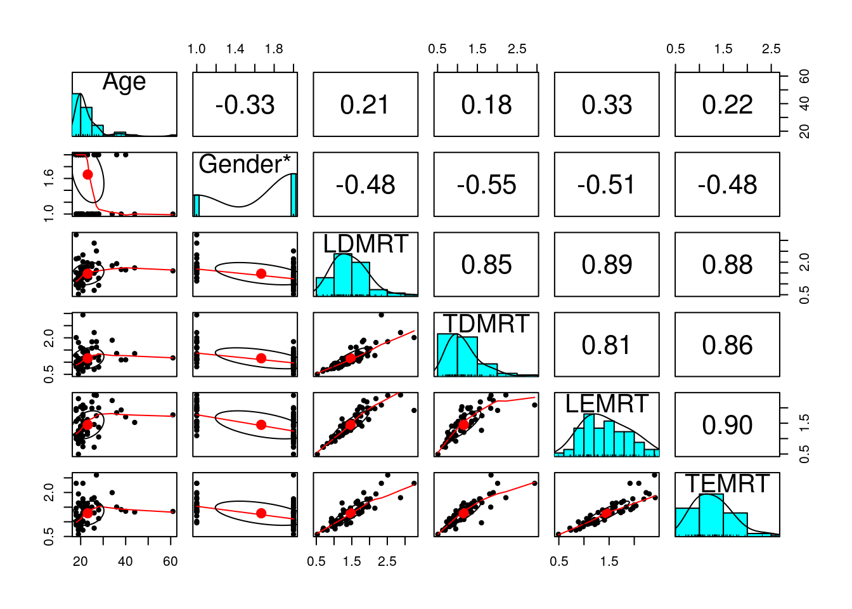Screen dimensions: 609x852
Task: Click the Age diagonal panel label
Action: coord(124,82)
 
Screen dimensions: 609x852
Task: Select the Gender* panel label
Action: coord(245,164)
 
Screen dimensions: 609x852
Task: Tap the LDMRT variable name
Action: coord(365,244)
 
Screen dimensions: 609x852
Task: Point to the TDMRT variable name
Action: coord(486,324)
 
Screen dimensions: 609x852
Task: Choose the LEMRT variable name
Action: coord(607,404)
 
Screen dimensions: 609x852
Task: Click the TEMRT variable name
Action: coord(727,484)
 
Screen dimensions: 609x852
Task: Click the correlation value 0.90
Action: coord(727,425)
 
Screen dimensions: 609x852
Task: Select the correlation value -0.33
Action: coord(245,105)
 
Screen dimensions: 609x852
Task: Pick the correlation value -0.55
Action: coord(486,185)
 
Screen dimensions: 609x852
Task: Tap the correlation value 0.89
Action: coord(607,265)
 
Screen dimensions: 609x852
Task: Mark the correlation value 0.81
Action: coord(607,345)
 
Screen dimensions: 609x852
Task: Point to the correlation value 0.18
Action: coord(486,105)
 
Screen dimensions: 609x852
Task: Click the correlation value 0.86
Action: coord(727,345)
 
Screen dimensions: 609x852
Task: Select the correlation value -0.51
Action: coord(607,185)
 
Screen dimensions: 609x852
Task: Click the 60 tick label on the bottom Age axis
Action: coord(170,561)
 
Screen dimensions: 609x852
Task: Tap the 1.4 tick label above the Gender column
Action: coord(235,49)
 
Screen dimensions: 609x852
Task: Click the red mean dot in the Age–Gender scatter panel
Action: coord(87,174)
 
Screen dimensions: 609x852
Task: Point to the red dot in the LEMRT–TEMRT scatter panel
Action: coord(607,513)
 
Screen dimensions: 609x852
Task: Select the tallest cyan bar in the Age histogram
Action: coord(76,115)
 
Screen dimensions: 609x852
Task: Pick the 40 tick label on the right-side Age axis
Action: coord(804,103)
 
